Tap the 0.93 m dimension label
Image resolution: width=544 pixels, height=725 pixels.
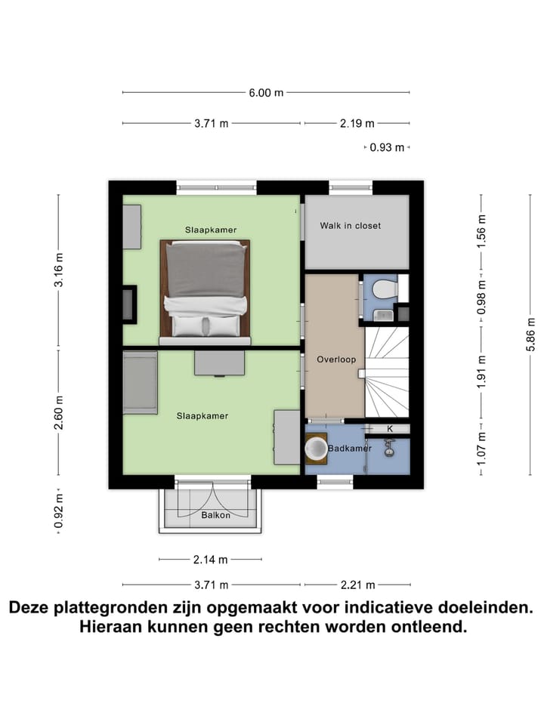point(385,148)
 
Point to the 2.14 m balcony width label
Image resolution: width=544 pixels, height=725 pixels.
point(210,560)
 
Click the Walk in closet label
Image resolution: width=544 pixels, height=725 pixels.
point(350,225)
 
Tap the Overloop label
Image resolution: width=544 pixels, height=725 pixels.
point(336,359)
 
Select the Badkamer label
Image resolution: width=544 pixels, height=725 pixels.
point(350,449)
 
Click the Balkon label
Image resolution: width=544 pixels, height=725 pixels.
point(215,516)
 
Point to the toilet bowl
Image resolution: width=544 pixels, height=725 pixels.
point(385,289)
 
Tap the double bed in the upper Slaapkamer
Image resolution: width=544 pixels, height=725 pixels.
point(205,289)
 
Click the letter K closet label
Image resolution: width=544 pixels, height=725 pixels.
point(390,429)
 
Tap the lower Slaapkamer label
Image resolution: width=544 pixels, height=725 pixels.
point(202,415)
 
